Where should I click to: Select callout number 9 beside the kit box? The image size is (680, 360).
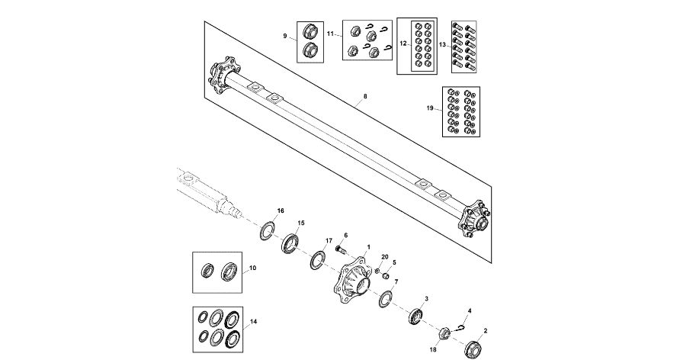[x=285, y=36]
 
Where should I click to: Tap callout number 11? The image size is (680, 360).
[x=331, y=34]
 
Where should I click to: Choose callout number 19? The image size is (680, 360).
[x=431, y=109]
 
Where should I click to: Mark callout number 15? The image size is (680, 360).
[x=301, y=223]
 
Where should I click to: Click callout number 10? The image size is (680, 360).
[x=253, y=268]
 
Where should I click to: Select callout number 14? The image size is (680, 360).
[x=254, y=322]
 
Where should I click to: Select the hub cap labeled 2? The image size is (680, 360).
[x=473, y=348]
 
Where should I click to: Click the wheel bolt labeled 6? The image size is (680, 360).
[x=339, y=249]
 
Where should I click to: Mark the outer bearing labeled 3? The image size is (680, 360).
[x=416, y=315]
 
